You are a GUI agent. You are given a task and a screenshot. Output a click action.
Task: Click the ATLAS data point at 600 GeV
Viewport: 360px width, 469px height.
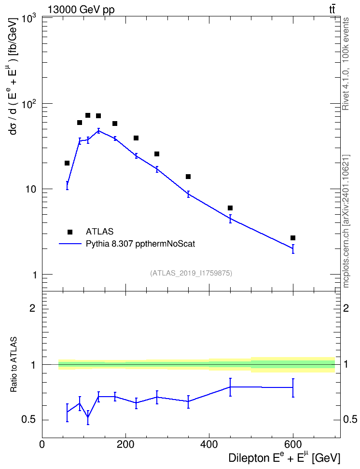click(x=292, y=238)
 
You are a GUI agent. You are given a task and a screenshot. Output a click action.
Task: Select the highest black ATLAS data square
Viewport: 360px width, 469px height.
click(x=88, y=115)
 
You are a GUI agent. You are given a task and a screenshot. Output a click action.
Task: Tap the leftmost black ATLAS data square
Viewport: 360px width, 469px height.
click(x=67, y=163)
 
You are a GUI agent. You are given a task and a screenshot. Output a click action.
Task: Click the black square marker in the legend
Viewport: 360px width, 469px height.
click(x=70, y=232)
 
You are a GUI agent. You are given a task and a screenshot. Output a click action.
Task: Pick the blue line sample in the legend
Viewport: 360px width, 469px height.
click(x=70, y=244)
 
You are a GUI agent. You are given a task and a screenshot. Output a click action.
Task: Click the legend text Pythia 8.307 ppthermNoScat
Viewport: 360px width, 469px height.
click(x=140, y=244)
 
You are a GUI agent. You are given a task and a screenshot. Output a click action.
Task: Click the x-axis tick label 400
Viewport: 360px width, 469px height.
click(x=209, y=444)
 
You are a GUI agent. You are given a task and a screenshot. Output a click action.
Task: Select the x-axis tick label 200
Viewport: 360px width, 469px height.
click(x=125, y=444)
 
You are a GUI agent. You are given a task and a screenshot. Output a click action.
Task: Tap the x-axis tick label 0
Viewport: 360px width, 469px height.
click(x=42, y=444)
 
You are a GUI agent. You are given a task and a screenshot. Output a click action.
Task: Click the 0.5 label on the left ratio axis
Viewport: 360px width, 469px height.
click(x=28, y=420)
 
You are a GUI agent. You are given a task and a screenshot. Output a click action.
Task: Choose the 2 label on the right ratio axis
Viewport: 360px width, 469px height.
click(x=346, y=308)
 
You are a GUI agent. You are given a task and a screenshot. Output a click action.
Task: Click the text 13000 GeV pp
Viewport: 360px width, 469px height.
click(x=81, y=10)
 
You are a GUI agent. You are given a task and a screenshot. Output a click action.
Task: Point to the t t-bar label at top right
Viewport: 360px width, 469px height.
click(x=332, y=10)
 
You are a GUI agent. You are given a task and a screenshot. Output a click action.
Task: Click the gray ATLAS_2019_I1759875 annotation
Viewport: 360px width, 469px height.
click(x=191, y=273)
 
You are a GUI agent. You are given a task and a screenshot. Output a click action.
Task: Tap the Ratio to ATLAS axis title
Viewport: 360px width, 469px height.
click(x=14, y=365)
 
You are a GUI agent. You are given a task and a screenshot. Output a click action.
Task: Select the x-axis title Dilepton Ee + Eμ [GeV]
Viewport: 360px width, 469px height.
click(x=284, y=458)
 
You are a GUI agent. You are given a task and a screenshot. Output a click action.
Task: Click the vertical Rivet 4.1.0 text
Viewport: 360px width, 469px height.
click(x=346, y=64)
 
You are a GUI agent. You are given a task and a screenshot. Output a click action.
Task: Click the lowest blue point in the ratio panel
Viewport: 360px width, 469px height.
click(x=88, y=417)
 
